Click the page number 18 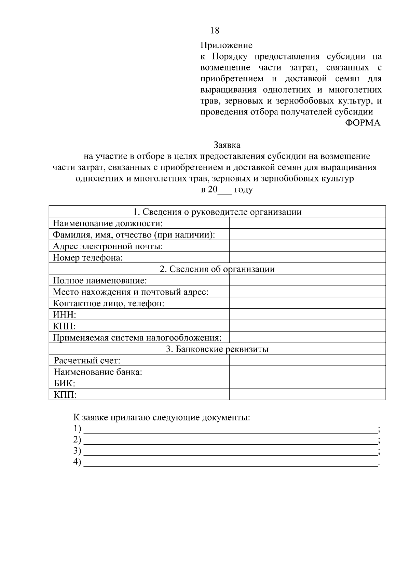point(215,30)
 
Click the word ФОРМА point(363,123)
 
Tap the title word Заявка point(227,145)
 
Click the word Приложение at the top point(226,45)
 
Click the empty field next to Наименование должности point(307,224)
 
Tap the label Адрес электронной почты point(108,246)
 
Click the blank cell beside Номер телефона point(307,257)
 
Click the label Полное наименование point(100,281)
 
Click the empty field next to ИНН point(307,314)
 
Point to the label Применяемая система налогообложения point(137,338)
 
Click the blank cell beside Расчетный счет point(307,361)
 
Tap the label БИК point(64,383)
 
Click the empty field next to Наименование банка point(307,372)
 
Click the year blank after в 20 point(225,191)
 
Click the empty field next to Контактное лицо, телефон point(307,303)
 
